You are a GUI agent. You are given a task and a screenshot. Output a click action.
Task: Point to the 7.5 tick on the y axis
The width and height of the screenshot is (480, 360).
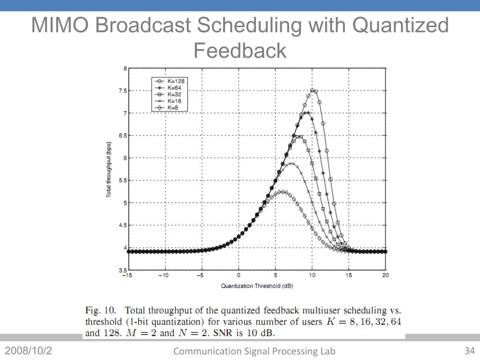point(122,90)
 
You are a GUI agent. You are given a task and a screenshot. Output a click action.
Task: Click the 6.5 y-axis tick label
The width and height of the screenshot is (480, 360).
point(122,135)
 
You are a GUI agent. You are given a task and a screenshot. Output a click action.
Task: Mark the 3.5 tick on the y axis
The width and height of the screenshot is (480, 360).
point(122,270)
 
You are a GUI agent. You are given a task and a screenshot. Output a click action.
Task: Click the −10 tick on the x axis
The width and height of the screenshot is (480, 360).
point(163,275)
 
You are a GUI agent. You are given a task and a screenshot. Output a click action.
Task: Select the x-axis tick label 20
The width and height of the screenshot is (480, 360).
point(385,275)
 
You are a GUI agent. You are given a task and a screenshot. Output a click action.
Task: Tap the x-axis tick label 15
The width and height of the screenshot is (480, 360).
point(349,275)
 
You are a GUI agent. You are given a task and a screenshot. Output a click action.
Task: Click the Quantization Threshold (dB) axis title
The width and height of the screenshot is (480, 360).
point(257,285)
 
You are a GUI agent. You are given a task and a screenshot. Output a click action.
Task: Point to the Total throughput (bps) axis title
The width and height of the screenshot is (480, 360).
point(108,169)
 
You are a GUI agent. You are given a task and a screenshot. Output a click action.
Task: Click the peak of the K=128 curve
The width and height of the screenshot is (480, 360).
point(312,90)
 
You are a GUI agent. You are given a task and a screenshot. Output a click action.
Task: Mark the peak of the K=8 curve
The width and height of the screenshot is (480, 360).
point(282,191)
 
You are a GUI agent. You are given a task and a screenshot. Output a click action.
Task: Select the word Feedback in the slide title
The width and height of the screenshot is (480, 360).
point(240,50)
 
